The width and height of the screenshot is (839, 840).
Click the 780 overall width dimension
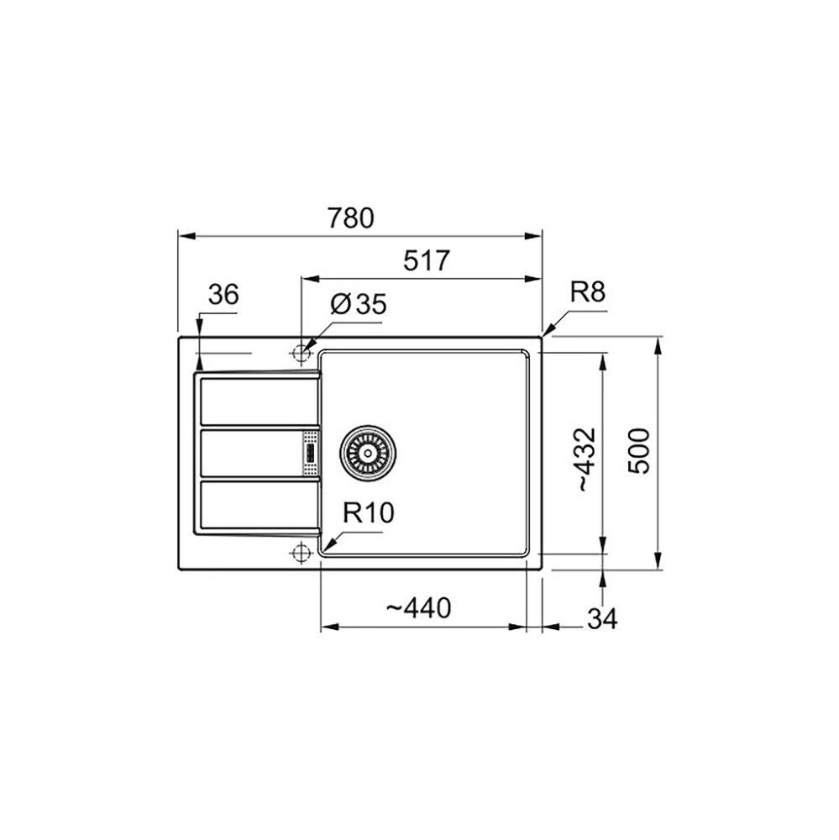pos(351,218)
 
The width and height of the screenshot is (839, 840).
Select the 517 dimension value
pos(427,261)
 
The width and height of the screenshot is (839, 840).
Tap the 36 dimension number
pos(223,294)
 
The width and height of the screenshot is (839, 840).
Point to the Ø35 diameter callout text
pos(358,304)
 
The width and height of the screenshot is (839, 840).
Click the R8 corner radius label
pos(588,292)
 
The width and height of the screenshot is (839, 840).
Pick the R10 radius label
pos(369,512)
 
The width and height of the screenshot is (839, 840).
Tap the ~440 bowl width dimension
pos(418,608)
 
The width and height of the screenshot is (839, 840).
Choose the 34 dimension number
pos(603,619)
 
